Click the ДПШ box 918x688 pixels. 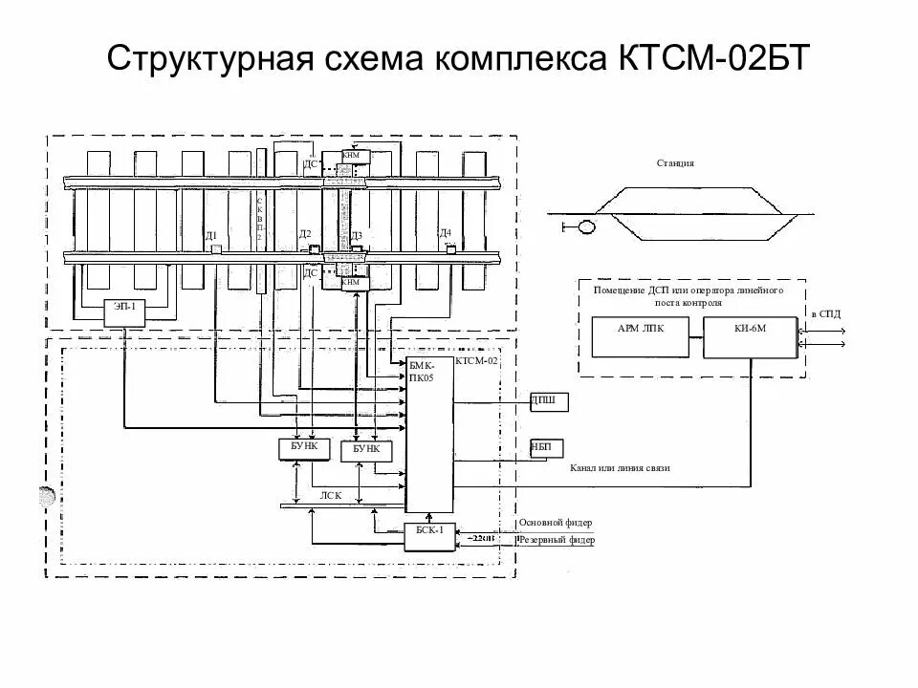549,401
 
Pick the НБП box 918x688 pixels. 547,449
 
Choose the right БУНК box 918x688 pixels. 367,448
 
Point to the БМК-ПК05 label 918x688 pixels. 422,372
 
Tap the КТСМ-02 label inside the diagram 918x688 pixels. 477,362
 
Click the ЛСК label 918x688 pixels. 331,495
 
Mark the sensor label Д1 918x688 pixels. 211,235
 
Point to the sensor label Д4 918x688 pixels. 445,233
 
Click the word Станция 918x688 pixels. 675,163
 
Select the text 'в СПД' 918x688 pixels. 826,313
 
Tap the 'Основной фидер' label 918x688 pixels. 556,523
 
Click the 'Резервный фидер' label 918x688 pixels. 557,541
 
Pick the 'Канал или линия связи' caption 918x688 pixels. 620,469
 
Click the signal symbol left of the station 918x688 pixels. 576,227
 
